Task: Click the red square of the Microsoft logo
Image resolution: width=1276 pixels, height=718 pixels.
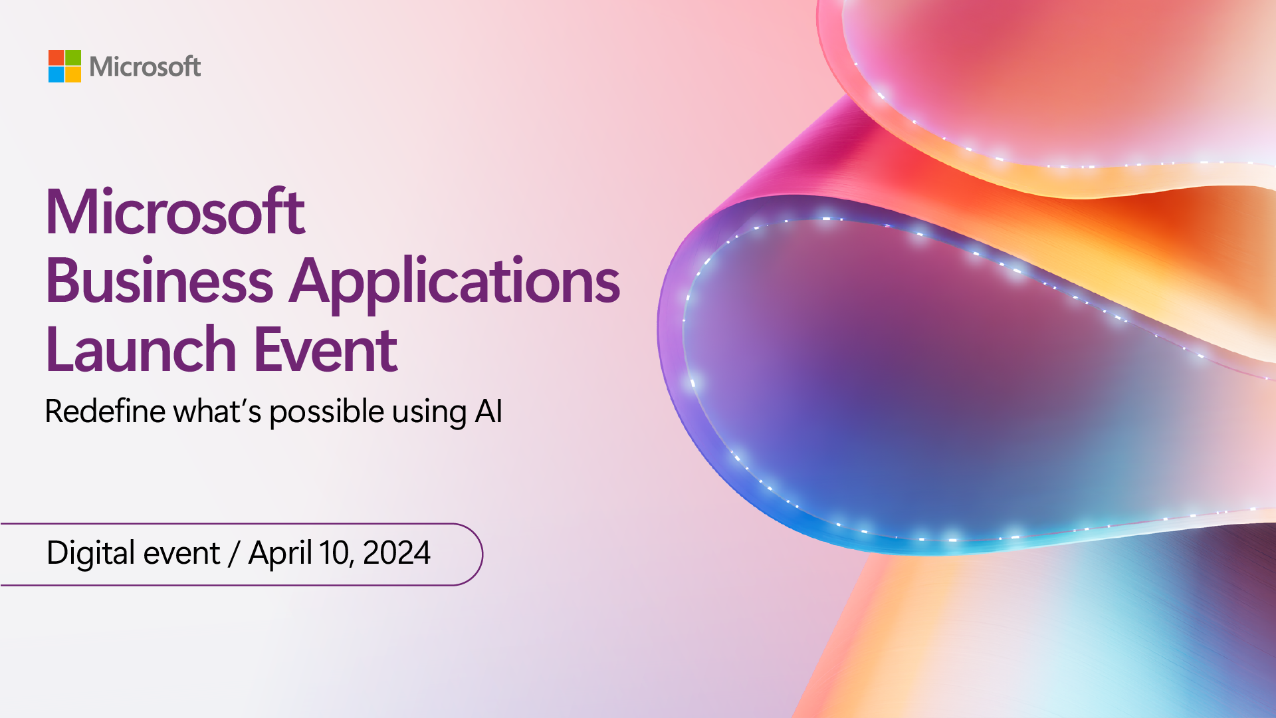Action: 56,58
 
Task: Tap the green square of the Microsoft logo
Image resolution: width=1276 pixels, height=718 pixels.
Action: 73,58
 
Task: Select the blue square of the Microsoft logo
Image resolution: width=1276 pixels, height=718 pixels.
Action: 56,74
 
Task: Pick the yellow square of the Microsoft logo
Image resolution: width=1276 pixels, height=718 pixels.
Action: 73,74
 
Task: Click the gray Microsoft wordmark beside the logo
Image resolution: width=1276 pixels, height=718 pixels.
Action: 145,66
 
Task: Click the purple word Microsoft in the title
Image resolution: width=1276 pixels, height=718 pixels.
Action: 175,212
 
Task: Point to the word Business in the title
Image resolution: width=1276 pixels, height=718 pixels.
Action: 159,281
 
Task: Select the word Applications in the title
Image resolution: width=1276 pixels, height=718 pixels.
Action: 455,281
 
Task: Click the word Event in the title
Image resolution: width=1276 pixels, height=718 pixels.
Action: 326,350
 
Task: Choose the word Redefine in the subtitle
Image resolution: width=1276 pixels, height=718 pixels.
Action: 105,411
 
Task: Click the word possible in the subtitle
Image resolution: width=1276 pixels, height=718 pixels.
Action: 326,412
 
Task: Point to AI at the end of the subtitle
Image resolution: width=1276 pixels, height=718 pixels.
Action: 488,411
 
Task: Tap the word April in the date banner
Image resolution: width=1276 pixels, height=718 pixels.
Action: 280,553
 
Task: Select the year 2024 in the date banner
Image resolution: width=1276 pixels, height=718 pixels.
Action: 397,553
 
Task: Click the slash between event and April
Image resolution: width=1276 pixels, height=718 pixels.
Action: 233,554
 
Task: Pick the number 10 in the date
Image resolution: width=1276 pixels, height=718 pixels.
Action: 334,553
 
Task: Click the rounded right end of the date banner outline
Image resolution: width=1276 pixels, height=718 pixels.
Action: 482,554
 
